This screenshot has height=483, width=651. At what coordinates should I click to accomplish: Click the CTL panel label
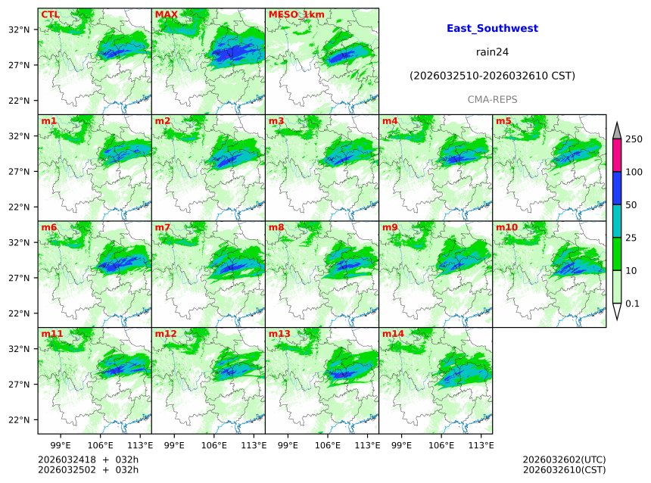tap(49, 14)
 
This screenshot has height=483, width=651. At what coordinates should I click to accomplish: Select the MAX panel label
tap(164, 14)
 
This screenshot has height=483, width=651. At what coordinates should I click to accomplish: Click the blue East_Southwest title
tap(492, 29)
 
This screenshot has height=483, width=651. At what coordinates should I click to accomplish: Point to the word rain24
tap(492, 52)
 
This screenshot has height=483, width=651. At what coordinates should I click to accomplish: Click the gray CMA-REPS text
tap(492, 100)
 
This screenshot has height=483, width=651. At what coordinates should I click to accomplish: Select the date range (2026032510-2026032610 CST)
tap(492, 76)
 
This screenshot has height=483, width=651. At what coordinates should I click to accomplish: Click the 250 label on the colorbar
tap(634, 139)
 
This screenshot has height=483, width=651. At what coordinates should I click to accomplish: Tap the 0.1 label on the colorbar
tap(632, 304)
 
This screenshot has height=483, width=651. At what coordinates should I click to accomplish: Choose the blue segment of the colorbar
tap(617, 189)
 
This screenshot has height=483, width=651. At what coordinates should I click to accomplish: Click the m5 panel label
tap(503, 121)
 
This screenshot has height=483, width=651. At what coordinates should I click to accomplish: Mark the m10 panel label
tap(506, 227)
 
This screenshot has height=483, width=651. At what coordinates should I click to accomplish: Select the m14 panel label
tap(393, 334)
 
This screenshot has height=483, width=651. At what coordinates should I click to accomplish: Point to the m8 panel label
tap(276, 227)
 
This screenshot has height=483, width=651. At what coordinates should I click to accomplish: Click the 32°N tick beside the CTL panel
tap(18, 30)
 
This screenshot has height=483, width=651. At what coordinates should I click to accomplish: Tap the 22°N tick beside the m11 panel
tap(18, 420)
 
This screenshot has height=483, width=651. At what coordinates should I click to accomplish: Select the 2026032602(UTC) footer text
tap(564, 460)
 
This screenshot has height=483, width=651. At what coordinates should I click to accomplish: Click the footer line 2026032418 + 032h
tap(88, 460)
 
